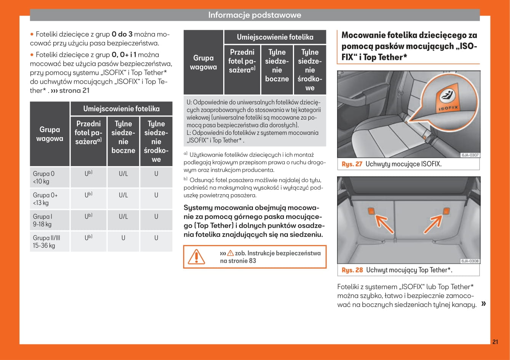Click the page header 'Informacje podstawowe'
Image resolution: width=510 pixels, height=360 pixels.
254,15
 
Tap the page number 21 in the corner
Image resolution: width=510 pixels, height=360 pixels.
495,342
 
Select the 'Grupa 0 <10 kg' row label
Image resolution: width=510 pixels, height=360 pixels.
44,178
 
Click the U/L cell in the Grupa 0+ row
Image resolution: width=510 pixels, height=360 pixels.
123,195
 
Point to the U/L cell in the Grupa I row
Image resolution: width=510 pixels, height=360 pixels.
123,216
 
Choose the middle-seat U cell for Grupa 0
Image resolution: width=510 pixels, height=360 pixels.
156,174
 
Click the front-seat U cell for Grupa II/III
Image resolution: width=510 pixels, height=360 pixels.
88,238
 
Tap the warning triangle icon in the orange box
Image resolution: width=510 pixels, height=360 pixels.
197,257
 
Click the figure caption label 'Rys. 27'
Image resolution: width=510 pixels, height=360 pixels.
352,164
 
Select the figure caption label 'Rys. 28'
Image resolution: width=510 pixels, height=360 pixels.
352,270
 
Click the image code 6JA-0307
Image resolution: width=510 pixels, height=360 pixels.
470,155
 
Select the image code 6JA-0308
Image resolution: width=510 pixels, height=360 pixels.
470,261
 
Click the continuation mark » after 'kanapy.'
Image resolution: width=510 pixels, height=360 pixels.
484,304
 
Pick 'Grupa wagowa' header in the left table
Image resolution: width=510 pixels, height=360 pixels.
50,134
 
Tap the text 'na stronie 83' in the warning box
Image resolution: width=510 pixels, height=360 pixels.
238,261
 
